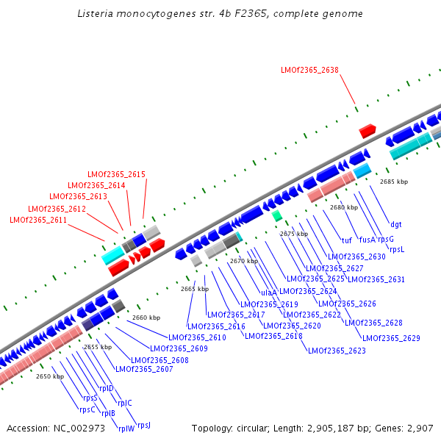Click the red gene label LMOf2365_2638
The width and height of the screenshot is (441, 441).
click(x=309, y=71)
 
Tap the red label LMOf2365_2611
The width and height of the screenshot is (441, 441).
click(x=38, y=220)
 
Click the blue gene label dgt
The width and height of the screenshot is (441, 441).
click(x=396, y=224)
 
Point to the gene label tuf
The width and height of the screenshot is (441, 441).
click(x=347, y=240)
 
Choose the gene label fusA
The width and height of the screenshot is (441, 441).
click(x=367, y=239)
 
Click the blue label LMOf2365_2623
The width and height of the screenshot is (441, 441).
click(x=337, y=351)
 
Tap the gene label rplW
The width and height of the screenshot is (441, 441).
click(x=126, y=429)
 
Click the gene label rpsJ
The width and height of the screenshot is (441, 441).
click(x=143, y=425)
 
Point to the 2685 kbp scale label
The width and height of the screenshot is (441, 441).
click(x=393, y=181)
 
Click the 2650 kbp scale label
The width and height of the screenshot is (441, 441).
click(x=49, y=376)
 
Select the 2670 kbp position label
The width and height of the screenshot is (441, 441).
click(x=244, y=261)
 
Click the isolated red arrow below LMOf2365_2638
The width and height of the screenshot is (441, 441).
click(x=367, y=131)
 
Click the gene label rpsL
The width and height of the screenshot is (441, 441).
click(x=397, y=249)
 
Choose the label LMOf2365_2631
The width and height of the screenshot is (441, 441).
click(x=376, y=279)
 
